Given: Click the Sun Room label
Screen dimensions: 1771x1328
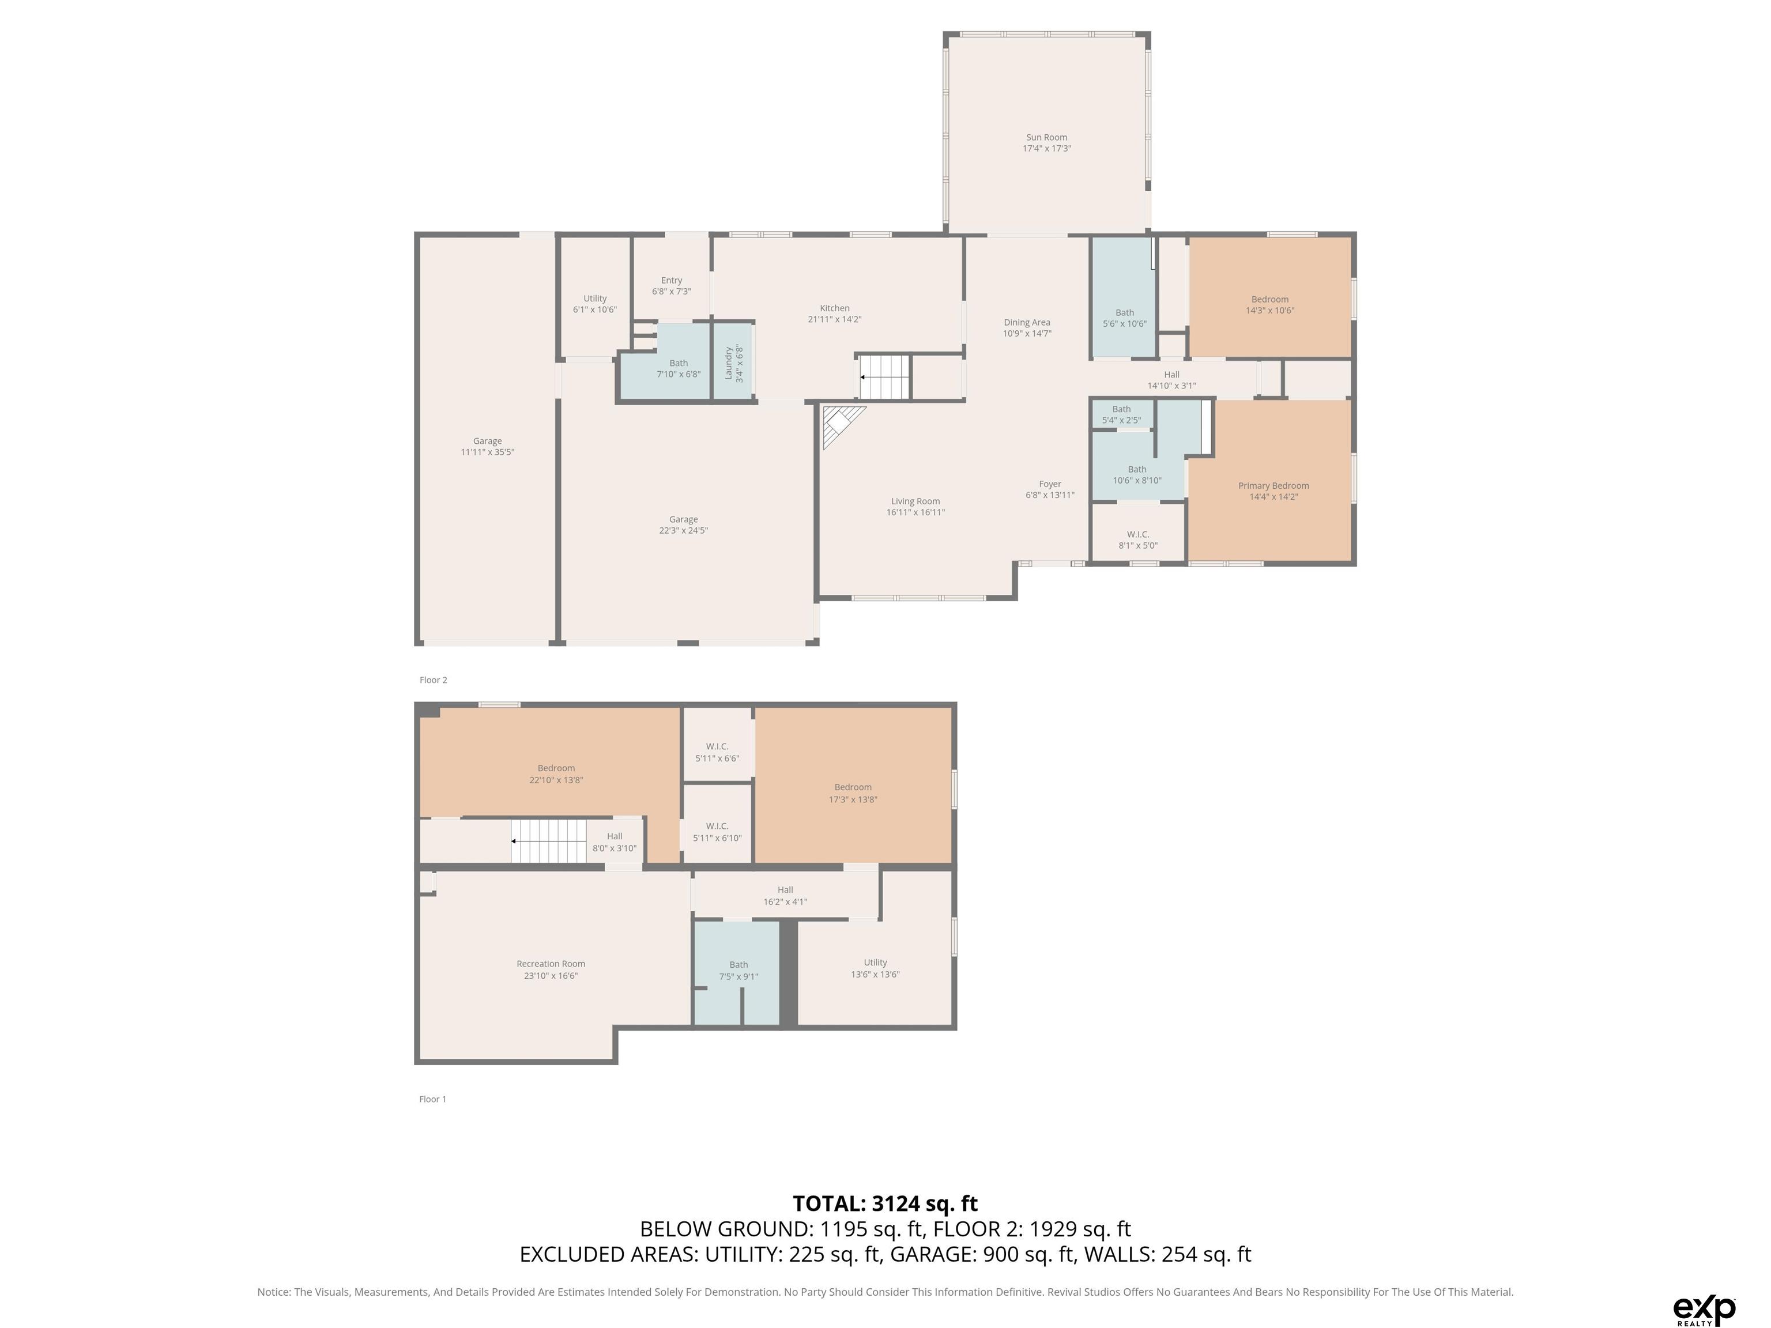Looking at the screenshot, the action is (x=1046, y=142).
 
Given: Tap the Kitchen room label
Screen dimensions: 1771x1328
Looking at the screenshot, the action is (x=834, y=314).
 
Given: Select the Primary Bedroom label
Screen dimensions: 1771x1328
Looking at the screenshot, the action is (x=1273, y=491).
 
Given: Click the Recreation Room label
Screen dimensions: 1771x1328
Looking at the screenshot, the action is (x=551, y=969).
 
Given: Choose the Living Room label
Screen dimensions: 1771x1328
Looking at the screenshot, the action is (x=915, y=507).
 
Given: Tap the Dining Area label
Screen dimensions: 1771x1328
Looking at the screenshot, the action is (x=1027, y=328).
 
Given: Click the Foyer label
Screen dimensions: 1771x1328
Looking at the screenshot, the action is (x=1050, y=489).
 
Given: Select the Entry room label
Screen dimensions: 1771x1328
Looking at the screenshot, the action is (x=671, y=286).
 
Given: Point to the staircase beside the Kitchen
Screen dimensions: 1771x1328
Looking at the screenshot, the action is (x=885, y=377).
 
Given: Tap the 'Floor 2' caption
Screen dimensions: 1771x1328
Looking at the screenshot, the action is (x=433, y=680).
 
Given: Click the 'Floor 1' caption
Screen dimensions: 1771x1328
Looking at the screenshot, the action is (x=432, y=1099).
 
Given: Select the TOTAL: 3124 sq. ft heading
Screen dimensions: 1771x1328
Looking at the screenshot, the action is (x=885, y=1203).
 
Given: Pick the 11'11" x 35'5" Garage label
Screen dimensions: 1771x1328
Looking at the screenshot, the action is (x=487, y=447).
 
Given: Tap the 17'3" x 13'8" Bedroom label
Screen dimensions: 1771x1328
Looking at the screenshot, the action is (x=853, y=793).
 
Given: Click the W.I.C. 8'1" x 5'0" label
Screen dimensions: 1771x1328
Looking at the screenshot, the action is (x=1137, y=539).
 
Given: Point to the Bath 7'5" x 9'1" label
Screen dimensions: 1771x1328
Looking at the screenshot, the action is (x=738, y=970).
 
